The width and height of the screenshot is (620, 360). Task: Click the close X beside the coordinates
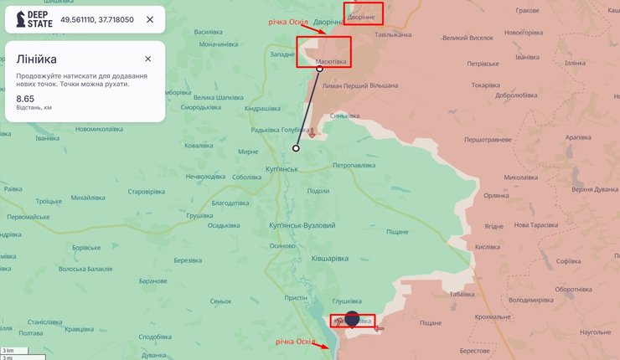click(150, 19)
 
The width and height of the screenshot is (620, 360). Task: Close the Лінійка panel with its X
click(147, 59)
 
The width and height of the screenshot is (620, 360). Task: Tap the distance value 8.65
click(25, 99)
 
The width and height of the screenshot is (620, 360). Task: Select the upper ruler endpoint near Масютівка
click(319, 69)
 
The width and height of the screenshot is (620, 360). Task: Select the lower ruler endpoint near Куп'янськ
click(296, 148)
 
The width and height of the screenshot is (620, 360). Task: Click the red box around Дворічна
click(364, 14)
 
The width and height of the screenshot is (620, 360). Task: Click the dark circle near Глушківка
click(352, 321)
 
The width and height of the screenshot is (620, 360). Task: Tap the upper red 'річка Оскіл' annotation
click(289, 22)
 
